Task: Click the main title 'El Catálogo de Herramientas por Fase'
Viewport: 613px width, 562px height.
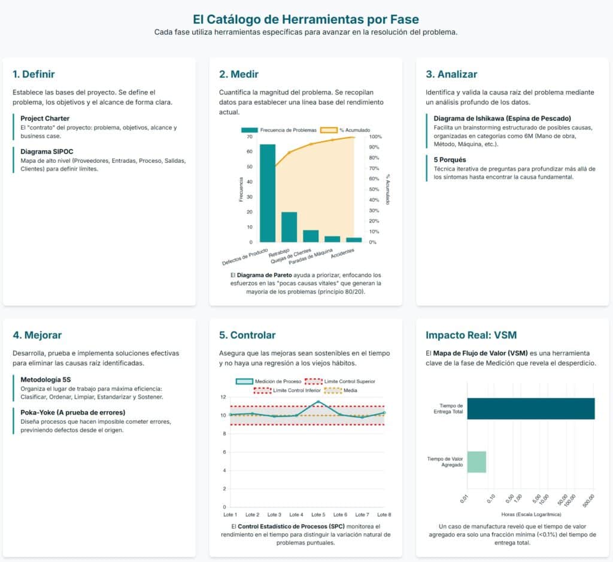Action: click(306, 19)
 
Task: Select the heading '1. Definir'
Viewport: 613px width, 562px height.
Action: click(34, 74)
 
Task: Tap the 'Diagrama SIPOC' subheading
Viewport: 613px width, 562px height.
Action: click(47, 151)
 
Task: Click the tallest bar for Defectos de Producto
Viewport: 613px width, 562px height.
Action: click(268, 193)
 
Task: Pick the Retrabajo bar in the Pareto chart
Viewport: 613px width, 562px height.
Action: click(289, 227)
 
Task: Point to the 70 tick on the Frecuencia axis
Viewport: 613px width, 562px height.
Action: click(250, 137)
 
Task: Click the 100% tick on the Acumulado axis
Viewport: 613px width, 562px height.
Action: click(375, 137)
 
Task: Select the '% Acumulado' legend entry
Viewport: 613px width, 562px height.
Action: click(345, 130)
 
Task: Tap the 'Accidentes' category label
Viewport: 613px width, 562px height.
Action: click(342, 253)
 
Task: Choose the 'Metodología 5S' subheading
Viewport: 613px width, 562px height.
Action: click(45, 379)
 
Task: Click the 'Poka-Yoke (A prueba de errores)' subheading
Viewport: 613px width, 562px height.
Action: click(72, 412)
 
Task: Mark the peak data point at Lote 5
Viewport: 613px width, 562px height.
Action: click(318, 402)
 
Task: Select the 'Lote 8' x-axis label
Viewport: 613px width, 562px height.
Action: click(384, 515)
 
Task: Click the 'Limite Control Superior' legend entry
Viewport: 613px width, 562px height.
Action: click(340, 381)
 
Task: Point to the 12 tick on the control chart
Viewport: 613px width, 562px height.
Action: click(223, 397)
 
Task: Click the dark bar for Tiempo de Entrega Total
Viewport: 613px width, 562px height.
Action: click(531, 409)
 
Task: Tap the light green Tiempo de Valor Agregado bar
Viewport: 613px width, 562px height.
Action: click(477, 462)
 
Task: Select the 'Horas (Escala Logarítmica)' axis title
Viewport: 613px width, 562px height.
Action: click(531, 514)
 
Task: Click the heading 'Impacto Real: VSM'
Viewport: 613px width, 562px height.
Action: click(471, 335)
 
